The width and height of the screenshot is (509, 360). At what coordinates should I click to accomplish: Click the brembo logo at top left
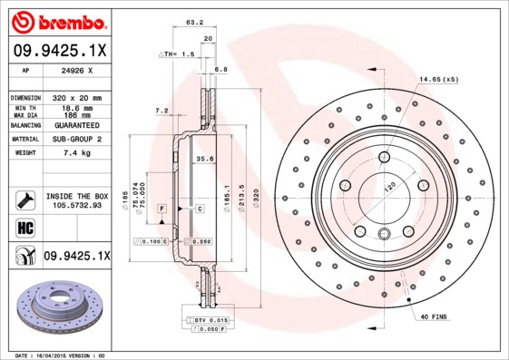click(x=56, y=21)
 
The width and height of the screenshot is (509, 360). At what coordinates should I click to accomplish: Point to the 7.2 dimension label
click(x=162, y=111)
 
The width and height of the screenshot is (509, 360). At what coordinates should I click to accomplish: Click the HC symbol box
click(x=23, y=227)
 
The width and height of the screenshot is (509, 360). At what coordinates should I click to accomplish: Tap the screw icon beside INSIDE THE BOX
click(x=23, y=199)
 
